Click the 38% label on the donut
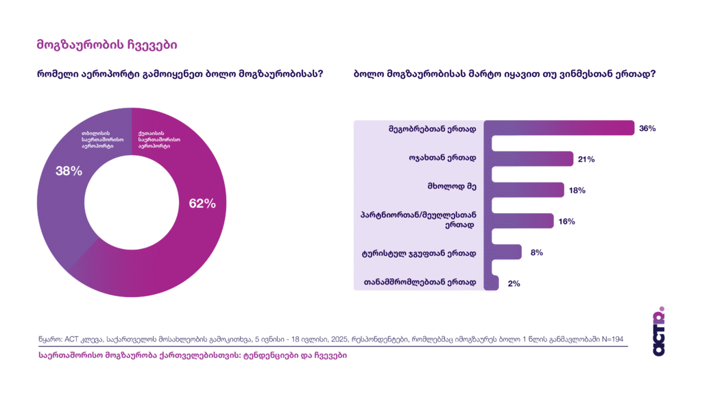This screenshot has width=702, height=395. pos(69,171)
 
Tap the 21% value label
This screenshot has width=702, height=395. pos(586,159)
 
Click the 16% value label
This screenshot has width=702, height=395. pos(566,222)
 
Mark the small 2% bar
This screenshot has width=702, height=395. pos(491,283)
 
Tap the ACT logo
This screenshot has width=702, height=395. pos(658,331)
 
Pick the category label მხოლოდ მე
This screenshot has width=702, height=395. pos(456,190)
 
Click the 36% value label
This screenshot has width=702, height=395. pos(648,128)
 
